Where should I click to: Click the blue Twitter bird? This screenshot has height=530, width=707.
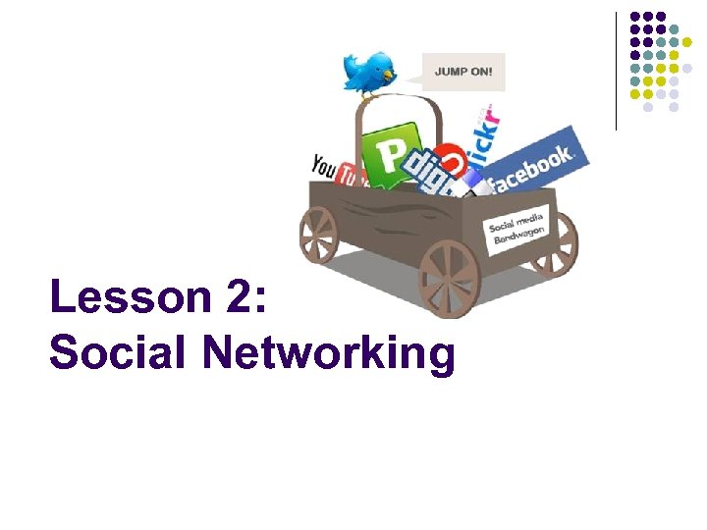[x=366, y=72]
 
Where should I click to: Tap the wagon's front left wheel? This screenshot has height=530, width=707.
[x=318, y=233]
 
